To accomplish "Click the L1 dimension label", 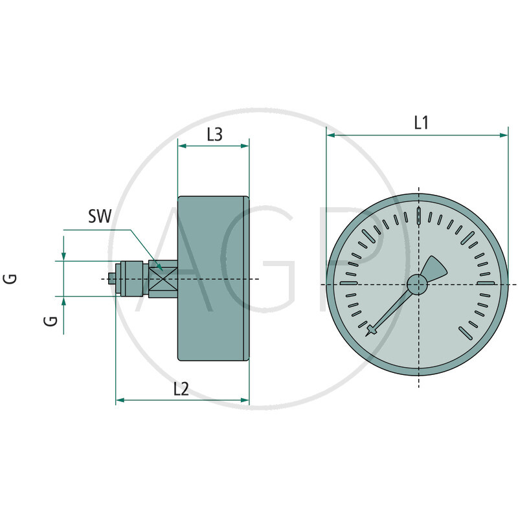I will tap(421, 123).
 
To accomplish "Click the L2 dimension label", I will tap(181, 389).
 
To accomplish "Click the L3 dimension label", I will tap(214, 135).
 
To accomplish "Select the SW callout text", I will tap(100, 216).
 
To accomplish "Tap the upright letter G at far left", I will tap(10, 278).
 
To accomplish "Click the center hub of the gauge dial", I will tap(417, 284).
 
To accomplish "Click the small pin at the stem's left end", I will tap(112, 279).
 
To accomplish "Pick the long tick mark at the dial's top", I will tap(419, 216).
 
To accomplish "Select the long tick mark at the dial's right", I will tap(486, 283).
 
